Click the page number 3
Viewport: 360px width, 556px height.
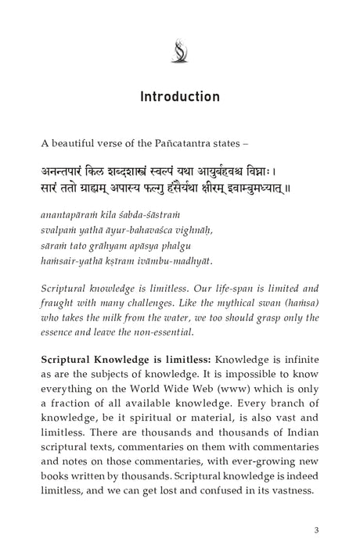click(315, 530)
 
